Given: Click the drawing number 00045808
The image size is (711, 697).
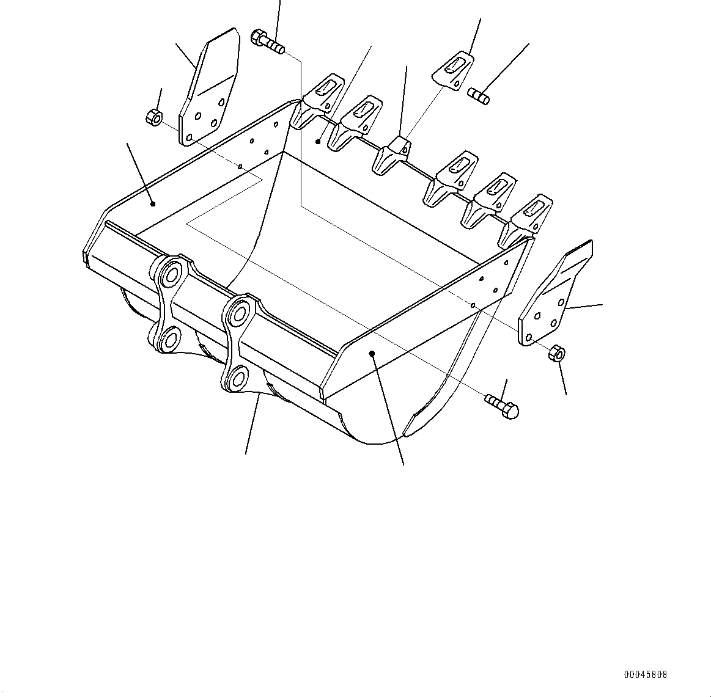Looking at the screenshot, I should [x=646, y=674].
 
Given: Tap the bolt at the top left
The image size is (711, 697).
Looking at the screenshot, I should [x=267, y=40].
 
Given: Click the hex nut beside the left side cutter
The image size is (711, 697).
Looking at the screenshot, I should [x=154, y=116].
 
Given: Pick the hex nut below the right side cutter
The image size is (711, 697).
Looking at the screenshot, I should [x=556, y=353].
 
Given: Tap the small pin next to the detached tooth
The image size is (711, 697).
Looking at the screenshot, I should [x=479, y=95].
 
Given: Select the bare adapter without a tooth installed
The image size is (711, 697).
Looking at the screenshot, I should [x=390, y=155].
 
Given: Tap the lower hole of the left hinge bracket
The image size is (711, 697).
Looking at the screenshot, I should [x=169, y=338].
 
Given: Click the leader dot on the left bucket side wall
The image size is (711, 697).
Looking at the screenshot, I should [x=153, y=203].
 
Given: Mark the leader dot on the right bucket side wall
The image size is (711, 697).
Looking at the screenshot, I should [x=372, y=352].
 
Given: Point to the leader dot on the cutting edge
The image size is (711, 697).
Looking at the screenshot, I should [x=318, y=141].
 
